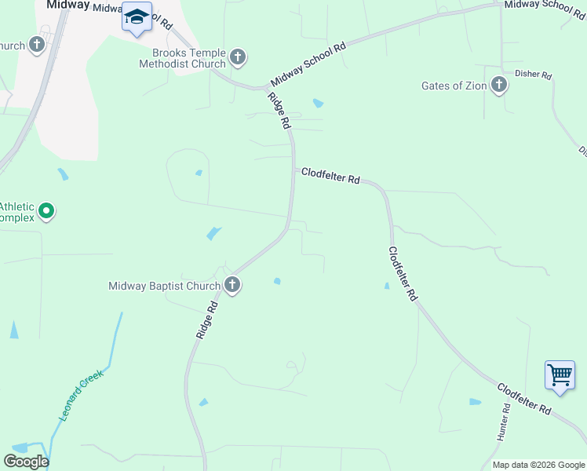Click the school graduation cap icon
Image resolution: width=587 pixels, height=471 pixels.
click(137, 17)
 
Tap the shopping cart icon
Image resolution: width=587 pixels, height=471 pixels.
click(560, 374)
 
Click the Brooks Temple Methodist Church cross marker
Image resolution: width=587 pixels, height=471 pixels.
click(239, 57)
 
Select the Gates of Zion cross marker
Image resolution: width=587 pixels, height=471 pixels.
click(498, 85)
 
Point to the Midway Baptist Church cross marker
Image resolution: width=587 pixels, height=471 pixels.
click(232, 285)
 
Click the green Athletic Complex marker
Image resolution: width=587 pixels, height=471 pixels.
click(46, 211)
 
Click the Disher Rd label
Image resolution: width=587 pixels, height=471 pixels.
click(534, 75)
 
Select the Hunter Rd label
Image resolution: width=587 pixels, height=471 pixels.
click(503, 423)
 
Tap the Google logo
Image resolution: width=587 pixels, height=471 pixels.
click(26, 462)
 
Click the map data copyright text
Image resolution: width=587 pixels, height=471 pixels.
click(539, 465)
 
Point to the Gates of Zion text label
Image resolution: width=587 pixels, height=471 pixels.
click(454, 86)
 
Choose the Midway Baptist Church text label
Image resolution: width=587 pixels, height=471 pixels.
click(165, 286)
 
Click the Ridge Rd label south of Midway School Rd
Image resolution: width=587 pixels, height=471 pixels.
click(279, 111)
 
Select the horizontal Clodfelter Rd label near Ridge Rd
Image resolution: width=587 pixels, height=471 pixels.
click(330, 176)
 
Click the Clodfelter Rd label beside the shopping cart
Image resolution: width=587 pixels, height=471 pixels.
click(523, 399)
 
